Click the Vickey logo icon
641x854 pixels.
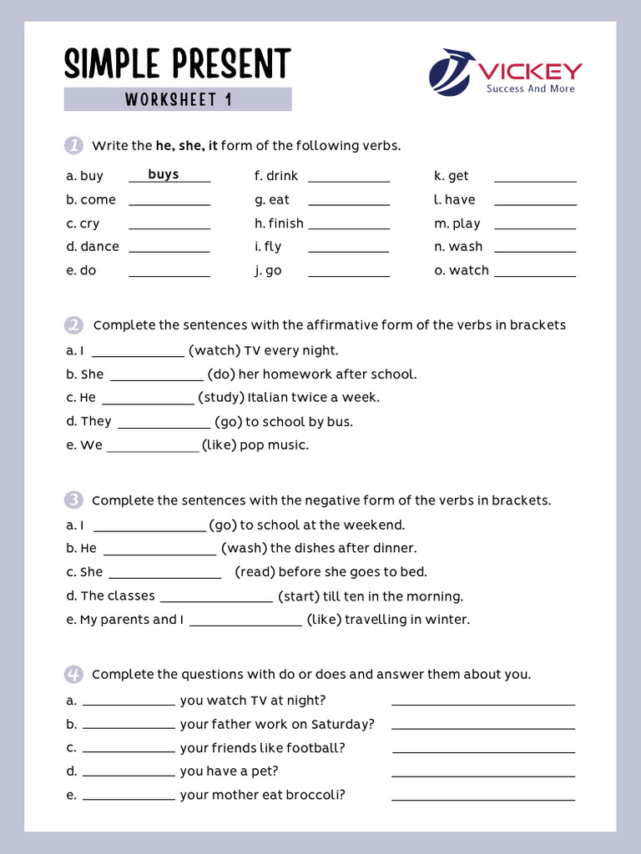(x=452, y=72)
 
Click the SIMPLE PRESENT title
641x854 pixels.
(x=178, y=64)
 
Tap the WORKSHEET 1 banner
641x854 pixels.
(x=178, y=100)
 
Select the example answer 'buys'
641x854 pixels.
(x=164, y=174)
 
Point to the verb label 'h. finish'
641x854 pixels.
(x=279, y=224)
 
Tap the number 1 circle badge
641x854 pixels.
(x=73, y=145)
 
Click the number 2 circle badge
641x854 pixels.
(x=73, y=324)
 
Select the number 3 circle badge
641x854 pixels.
(x=73, y=500)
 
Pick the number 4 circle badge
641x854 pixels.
(x=73, y=674)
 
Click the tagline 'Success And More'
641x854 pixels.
(x=530, y=88)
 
